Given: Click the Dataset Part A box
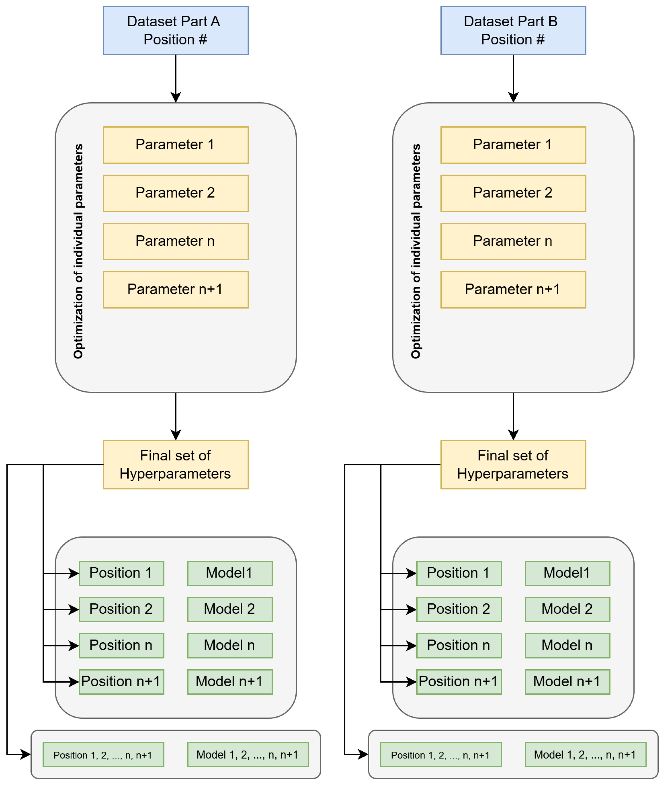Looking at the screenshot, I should [x=175, y=30].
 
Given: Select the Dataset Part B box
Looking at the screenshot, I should [x=513, y=30].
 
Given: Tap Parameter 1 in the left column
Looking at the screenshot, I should [x=175, y=145].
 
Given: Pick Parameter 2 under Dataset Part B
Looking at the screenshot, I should [x=513, y=193].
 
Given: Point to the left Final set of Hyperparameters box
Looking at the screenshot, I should [x=175, y=465].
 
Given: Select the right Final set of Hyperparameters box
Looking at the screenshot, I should [x=513, y=465].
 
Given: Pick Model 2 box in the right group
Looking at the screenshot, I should [x=567, y=609].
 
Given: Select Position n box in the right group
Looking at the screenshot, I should [x=459, y=646].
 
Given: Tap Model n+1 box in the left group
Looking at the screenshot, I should [x=230, y=682].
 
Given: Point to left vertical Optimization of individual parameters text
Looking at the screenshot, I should [x=78, y=251].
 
